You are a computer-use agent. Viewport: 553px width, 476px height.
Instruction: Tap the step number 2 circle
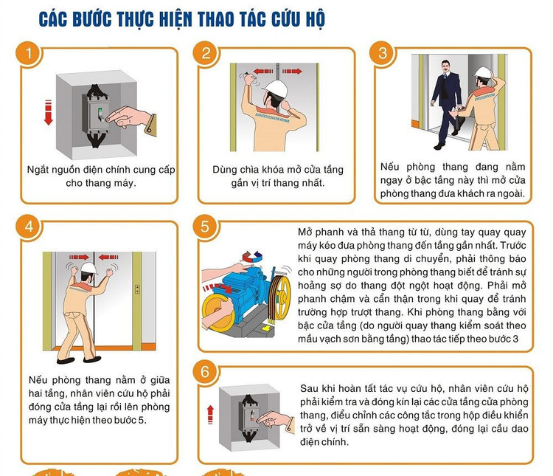[x=206, y=53]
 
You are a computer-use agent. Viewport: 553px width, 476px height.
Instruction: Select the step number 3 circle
[x=383, y=53]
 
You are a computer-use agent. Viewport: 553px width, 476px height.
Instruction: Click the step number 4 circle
[x=29, y=227]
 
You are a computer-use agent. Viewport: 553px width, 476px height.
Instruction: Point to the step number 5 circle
[x=206, y=227]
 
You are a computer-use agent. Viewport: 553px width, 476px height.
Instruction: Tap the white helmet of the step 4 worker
[x=89, y=268]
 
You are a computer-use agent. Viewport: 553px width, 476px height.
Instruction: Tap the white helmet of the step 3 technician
[x=483, y=72]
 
